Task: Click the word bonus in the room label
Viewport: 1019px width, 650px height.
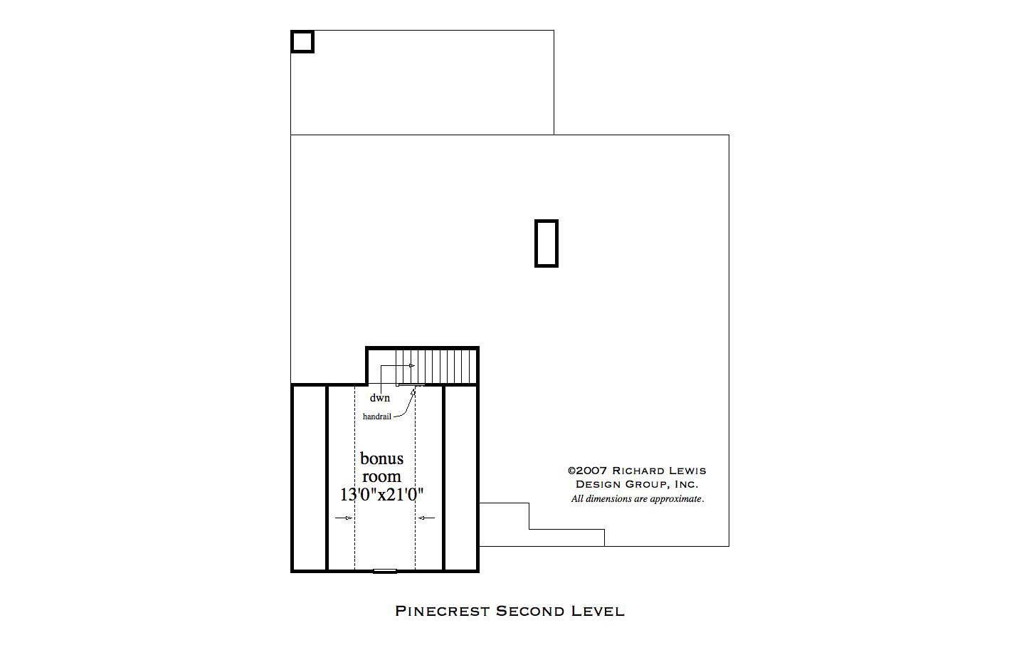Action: click(x=381, y=458)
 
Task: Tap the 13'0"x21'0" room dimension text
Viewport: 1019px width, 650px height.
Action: click(x=381, y=494)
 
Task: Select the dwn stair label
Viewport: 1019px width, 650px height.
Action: click(x=379, y=398)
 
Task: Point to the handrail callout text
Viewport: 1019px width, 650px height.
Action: click(x=376, y=416)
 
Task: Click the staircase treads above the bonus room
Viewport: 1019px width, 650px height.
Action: click(x=435, y=365)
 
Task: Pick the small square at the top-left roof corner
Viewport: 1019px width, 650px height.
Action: click(x=302, y=41)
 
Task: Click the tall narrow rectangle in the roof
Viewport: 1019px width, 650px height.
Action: click(x=547, y=243)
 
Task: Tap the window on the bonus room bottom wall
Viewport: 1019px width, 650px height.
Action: click(x=385, y=570)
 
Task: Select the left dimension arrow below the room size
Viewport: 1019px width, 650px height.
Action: click(x=344, y=518)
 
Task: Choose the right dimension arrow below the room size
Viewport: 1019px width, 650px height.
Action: click(x=426, y=518)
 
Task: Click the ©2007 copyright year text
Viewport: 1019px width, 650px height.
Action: click(x=587, y=471)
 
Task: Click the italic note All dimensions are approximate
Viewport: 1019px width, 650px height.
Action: click(x=638, y=499)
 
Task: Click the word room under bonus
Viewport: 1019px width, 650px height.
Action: click(x=381, y=476)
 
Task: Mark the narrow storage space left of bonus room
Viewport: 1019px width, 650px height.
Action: click(x=310, y=477)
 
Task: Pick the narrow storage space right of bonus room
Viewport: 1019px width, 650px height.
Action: click(x=460, y=477)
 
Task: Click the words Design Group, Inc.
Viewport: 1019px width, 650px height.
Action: click(x=637, y=484)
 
